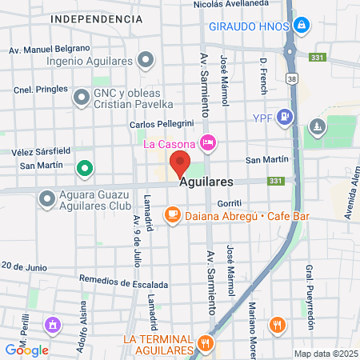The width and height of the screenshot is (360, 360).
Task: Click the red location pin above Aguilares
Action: pyautogui.click(x=180, y=162)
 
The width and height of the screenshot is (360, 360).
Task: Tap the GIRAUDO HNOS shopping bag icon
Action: pyautogui.click(x=301, y=26)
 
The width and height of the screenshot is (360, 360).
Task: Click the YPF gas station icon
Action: pyautogui.click(x=287, y=116)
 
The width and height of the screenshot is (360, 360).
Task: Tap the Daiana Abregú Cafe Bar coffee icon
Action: pyautogui.click(x=172, y=214)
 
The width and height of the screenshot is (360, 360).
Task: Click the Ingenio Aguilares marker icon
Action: pyautogui.click(x=146, y=59)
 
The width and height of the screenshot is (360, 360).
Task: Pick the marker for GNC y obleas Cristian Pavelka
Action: pyautogui.click(x=81, y=98)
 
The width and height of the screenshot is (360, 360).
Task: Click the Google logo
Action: pyautogui.click(x=27, y=350)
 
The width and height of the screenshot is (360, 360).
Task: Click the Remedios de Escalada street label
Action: pyautogui.click(x=124, y=283)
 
